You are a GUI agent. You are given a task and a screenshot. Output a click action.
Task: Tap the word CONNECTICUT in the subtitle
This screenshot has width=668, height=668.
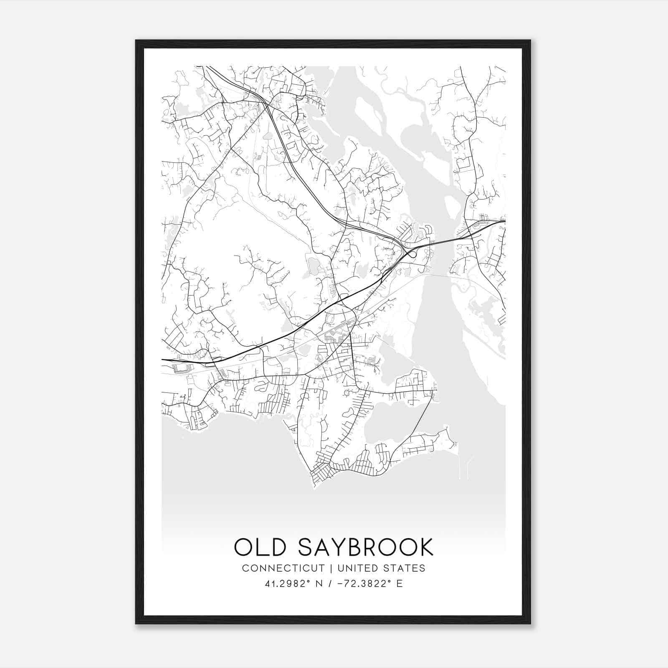pyautogui.click(x=283, y=568)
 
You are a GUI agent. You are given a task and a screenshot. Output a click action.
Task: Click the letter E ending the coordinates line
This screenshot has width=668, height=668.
pyautogui.click(x=400, y=584)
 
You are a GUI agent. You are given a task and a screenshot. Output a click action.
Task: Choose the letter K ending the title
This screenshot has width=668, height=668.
pyautogui.click(x=426, y=547)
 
